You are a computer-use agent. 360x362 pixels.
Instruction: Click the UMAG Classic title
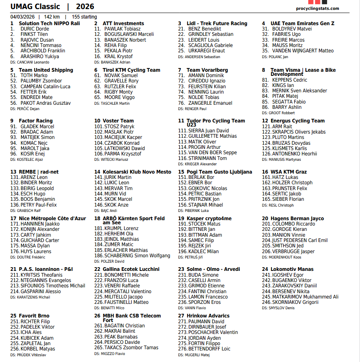(x=35, y=7)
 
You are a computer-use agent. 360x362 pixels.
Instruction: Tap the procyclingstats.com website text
(x=317, y=8)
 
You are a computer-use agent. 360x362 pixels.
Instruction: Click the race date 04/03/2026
(x=23, y=17)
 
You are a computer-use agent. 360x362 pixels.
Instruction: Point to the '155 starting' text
(x=84, y=17)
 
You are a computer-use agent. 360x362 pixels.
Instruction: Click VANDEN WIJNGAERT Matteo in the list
(x=303, y=51)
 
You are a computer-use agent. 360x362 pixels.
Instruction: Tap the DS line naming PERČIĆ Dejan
(x=25, y=109)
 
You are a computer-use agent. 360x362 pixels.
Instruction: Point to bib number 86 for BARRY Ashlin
(x=265, y=107)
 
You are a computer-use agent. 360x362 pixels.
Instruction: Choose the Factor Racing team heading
(x=35, y=121)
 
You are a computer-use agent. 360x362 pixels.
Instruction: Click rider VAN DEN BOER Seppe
(x=213, y=153)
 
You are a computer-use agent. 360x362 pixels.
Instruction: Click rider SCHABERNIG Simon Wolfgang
(x=137, y=256)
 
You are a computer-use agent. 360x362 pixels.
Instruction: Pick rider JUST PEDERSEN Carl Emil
(x=300, y=240)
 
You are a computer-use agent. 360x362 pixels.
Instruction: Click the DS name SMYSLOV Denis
(x=282, y=308)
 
